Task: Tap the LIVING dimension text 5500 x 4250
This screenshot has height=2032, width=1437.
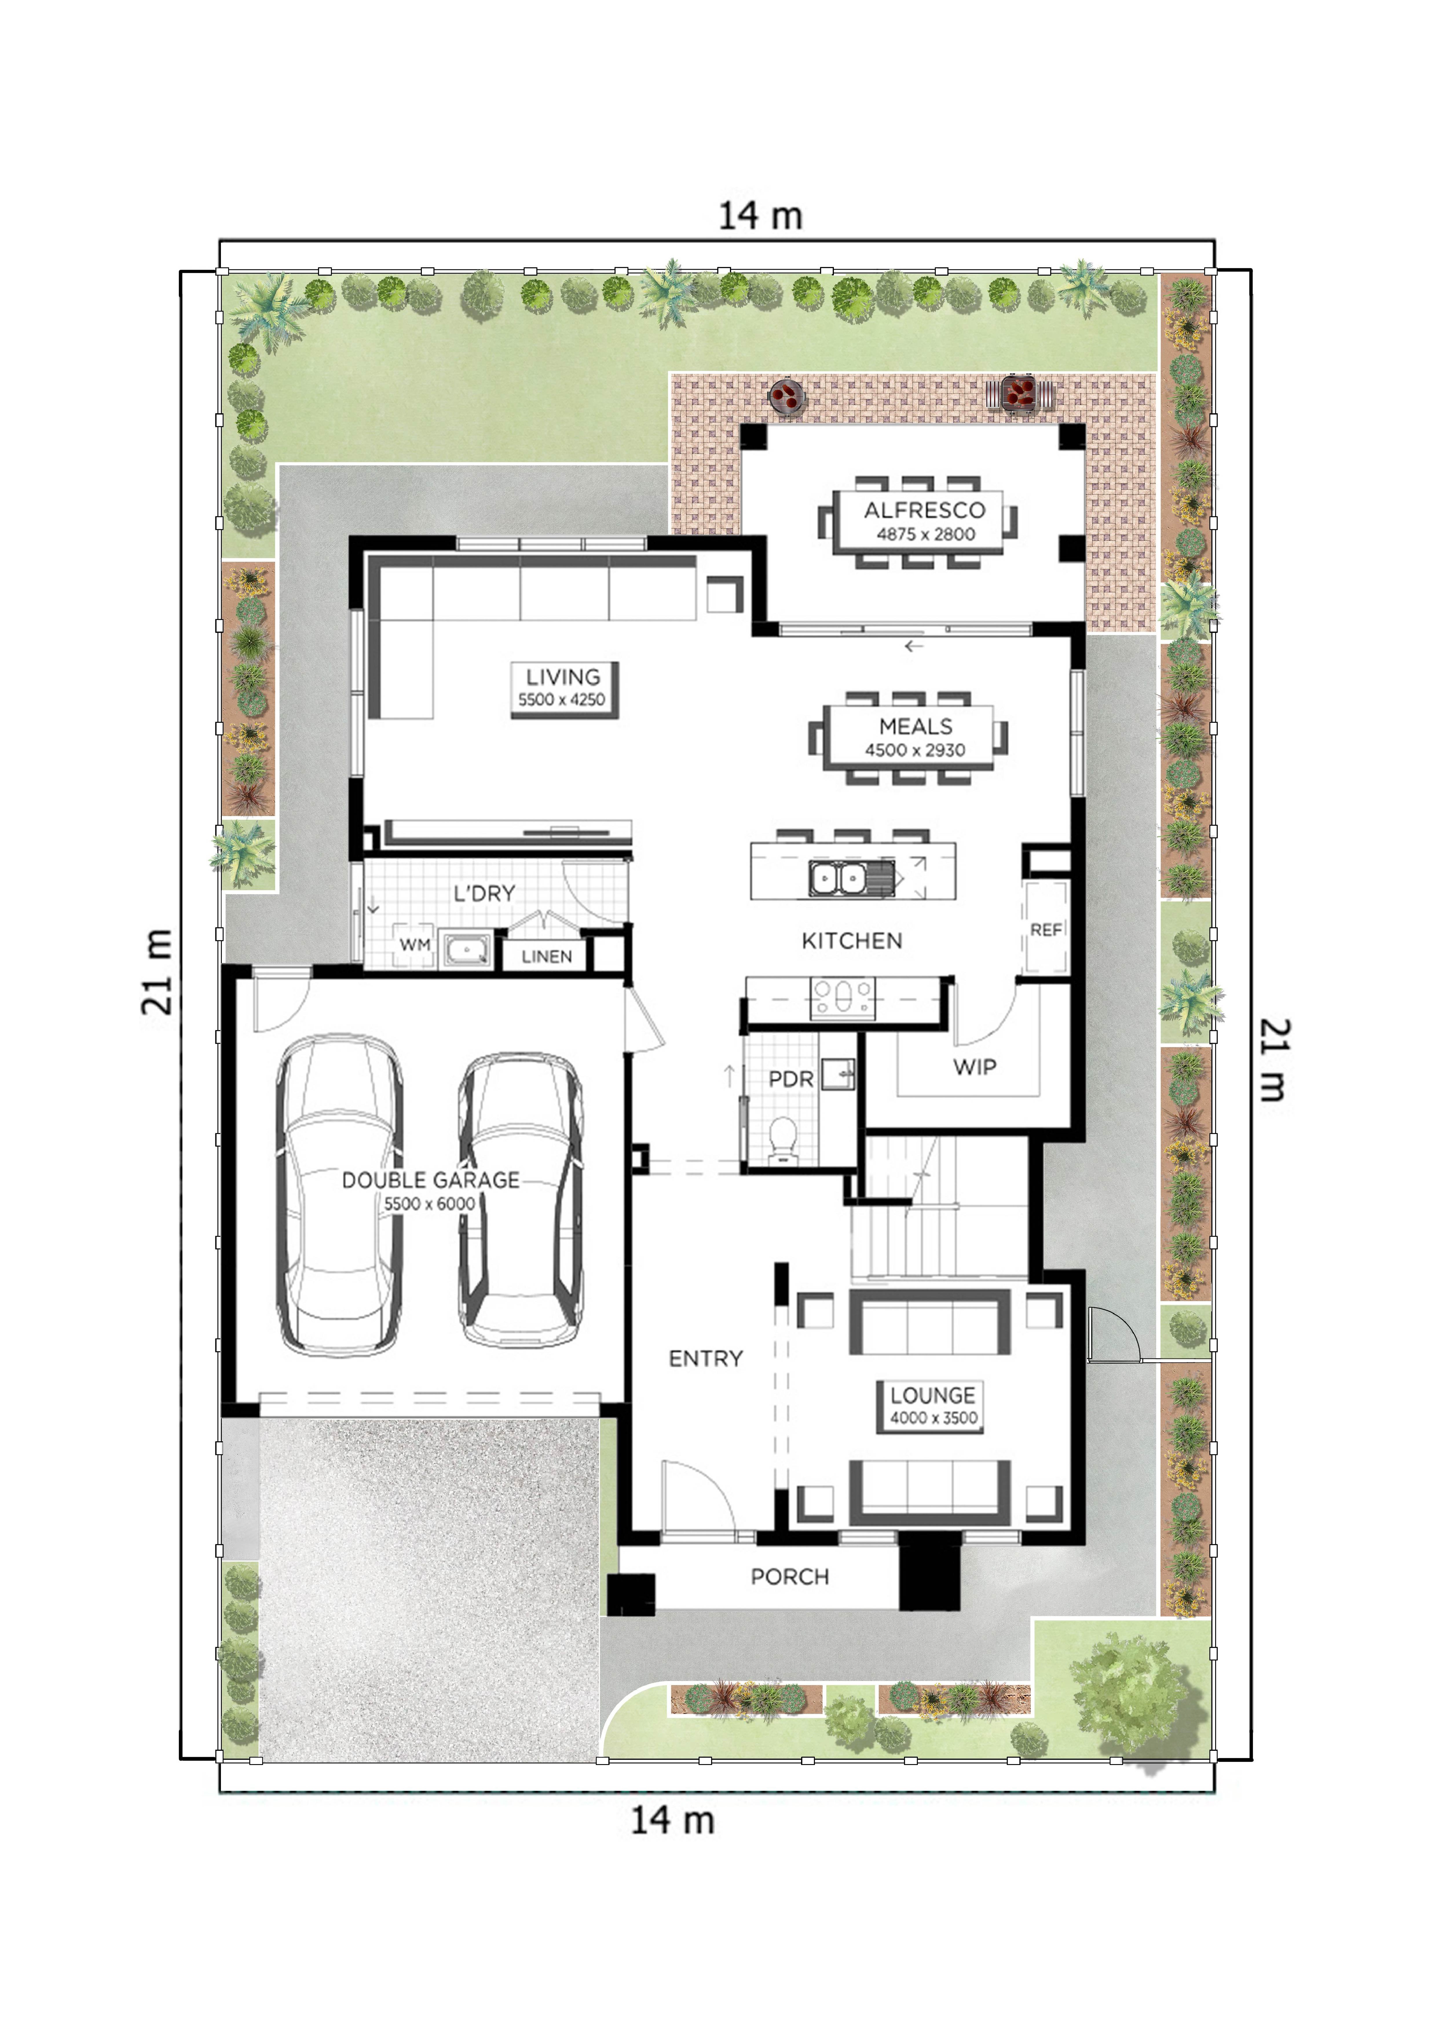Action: tap(562, 699)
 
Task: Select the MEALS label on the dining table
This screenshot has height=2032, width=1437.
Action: tap(916, 727)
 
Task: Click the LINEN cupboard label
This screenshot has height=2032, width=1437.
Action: tap(547, 957)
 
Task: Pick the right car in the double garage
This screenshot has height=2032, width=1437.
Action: tap(520, 1200)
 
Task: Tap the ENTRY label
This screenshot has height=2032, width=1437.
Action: tap(706, 1358)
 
